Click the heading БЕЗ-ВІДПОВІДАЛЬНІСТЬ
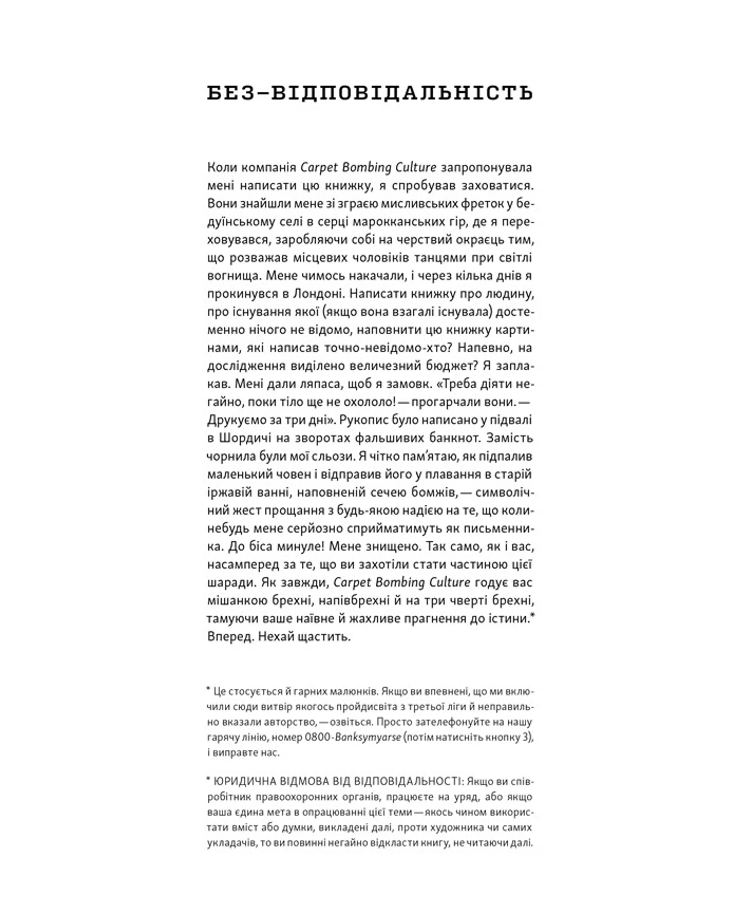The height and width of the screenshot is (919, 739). click(370, 93)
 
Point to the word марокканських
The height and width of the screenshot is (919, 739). click(417, 221)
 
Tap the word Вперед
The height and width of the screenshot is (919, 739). click(231, 637)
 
